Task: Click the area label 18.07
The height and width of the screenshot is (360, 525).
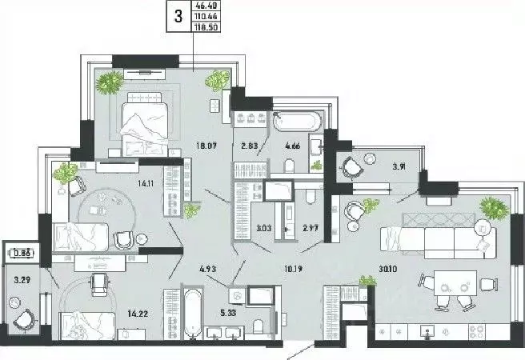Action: pos(197,146)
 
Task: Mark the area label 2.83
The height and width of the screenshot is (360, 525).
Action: pos(248,146)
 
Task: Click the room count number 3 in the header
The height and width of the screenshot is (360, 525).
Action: pos(177,15)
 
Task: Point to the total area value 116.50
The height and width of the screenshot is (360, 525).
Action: pos(206,26)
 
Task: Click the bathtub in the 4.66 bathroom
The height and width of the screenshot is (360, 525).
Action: pos(297,122)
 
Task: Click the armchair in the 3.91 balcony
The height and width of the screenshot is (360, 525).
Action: pos(351,168)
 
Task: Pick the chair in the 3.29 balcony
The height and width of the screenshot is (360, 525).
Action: pos(23,318)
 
